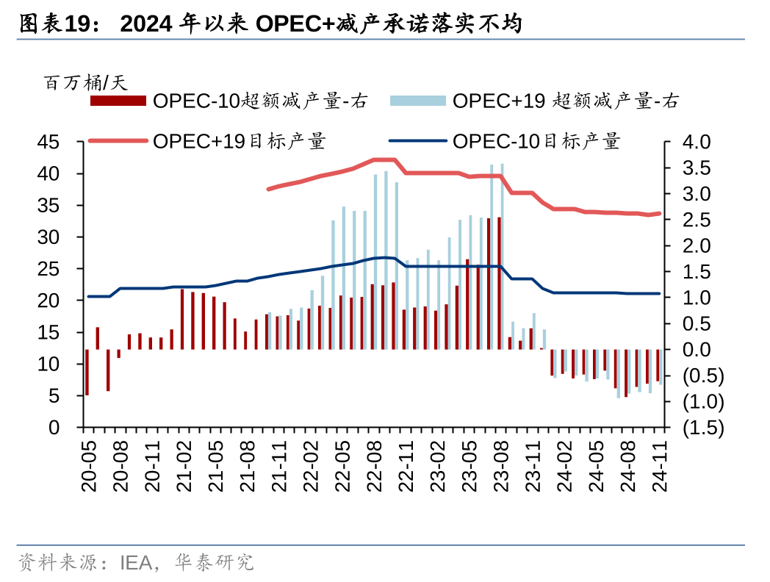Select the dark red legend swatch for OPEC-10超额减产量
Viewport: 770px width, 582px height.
tap(118, 101)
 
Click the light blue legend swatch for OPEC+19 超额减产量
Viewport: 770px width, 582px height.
tap(417, 101)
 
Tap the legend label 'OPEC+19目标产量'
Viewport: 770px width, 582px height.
tap(239, 141)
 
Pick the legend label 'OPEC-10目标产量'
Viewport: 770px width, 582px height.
tap(536, 141)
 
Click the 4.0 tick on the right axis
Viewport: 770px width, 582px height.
tap(697, 142)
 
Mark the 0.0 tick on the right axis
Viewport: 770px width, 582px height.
tap(697, 350)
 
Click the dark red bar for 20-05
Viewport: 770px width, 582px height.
tap(87, 373)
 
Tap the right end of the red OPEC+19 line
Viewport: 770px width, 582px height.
tap(659, 214)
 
